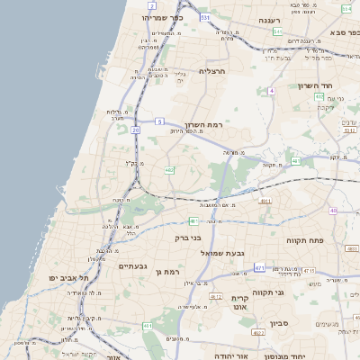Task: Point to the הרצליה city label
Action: (x=216, y=70)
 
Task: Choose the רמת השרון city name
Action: (x=202, y=124)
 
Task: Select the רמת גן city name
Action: (x=167, y=271)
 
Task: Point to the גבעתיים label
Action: (x=132, y=266)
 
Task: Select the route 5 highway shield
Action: (x=159, y=121)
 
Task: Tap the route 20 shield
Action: (x=136, y=130)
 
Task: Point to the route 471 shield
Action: (x=260, y=267)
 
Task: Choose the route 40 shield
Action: (x=333, y=211)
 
